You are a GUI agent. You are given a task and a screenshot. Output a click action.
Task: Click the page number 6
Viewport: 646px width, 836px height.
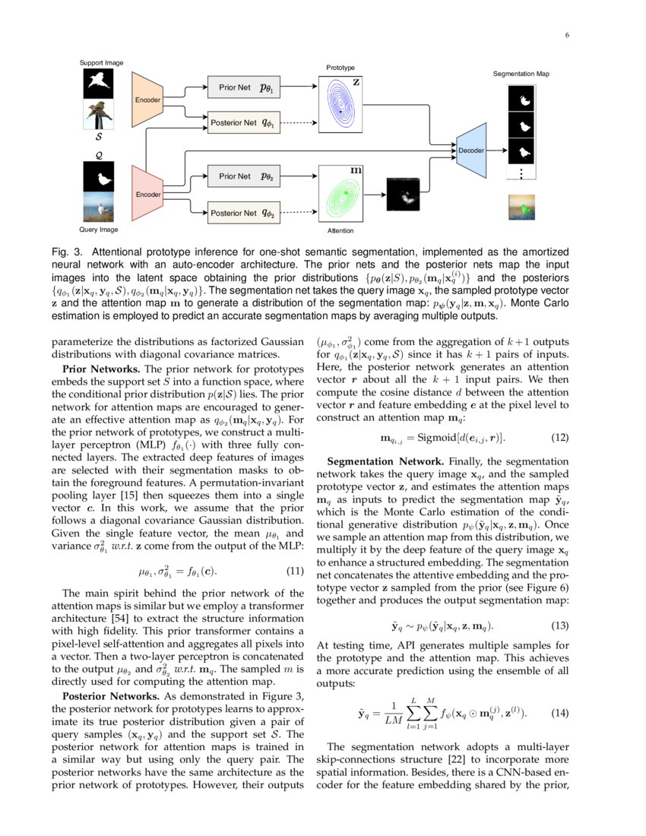point(566,34)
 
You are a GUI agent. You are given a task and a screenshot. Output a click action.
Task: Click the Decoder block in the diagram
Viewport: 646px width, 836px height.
point(470,150)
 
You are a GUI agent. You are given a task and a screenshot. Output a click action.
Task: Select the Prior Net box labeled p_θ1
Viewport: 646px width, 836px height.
point(246,87)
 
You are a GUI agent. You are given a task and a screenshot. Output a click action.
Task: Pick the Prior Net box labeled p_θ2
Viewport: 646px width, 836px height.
point(246,176)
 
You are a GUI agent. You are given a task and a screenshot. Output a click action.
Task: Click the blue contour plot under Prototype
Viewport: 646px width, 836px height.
point(340,105)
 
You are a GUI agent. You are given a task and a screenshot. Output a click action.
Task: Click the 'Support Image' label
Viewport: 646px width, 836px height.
point(102,62)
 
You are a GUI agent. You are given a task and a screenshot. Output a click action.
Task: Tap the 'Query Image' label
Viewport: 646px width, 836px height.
point(99,229)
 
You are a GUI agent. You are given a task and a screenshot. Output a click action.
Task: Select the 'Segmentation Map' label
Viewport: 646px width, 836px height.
point(521,74)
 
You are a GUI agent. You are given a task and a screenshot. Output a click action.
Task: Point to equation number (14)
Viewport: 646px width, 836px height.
point(559,714)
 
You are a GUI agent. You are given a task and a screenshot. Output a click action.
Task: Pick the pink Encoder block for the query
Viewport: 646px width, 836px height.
point(147,195)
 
